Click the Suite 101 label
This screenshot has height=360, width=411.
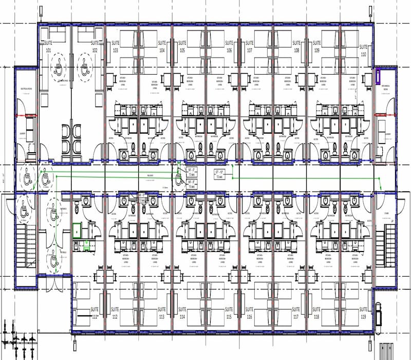click(49, 46)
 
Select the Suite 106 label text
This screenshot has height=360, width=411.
click(229, 46)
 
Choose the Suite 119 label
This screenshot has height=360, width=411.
click(363, 313)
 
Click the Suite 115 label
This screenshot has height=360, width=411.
click(229, 313)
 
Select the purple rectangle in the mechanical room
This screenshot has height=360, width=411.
click(379, 76)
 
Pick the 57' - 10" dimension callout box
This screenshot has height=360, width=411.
click(219, 173)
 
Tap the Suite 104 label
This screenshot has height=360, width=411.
click(161, 46)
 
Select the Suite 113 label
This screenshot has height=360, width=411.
click(161, 313)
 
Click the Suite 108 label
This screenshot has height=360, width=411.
click(296, 46)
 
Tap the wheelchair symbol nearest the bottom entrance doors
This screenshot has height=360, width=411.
click(53, 255)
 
